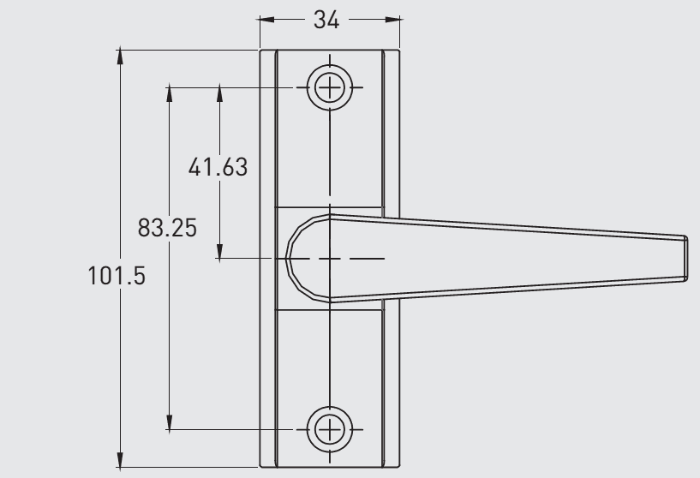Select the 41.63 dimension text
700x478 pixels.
tap(218, 166)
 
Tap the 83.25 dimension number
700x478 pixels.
tap(167, 229)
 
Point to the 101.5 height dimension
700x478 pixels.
tap(117, 277)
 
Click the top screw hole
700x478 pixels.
tap(330, 87)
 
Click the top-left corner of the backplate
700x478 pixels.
tap(260, 50)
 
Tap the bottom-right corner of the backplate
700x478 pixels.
tap(399, 467)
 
